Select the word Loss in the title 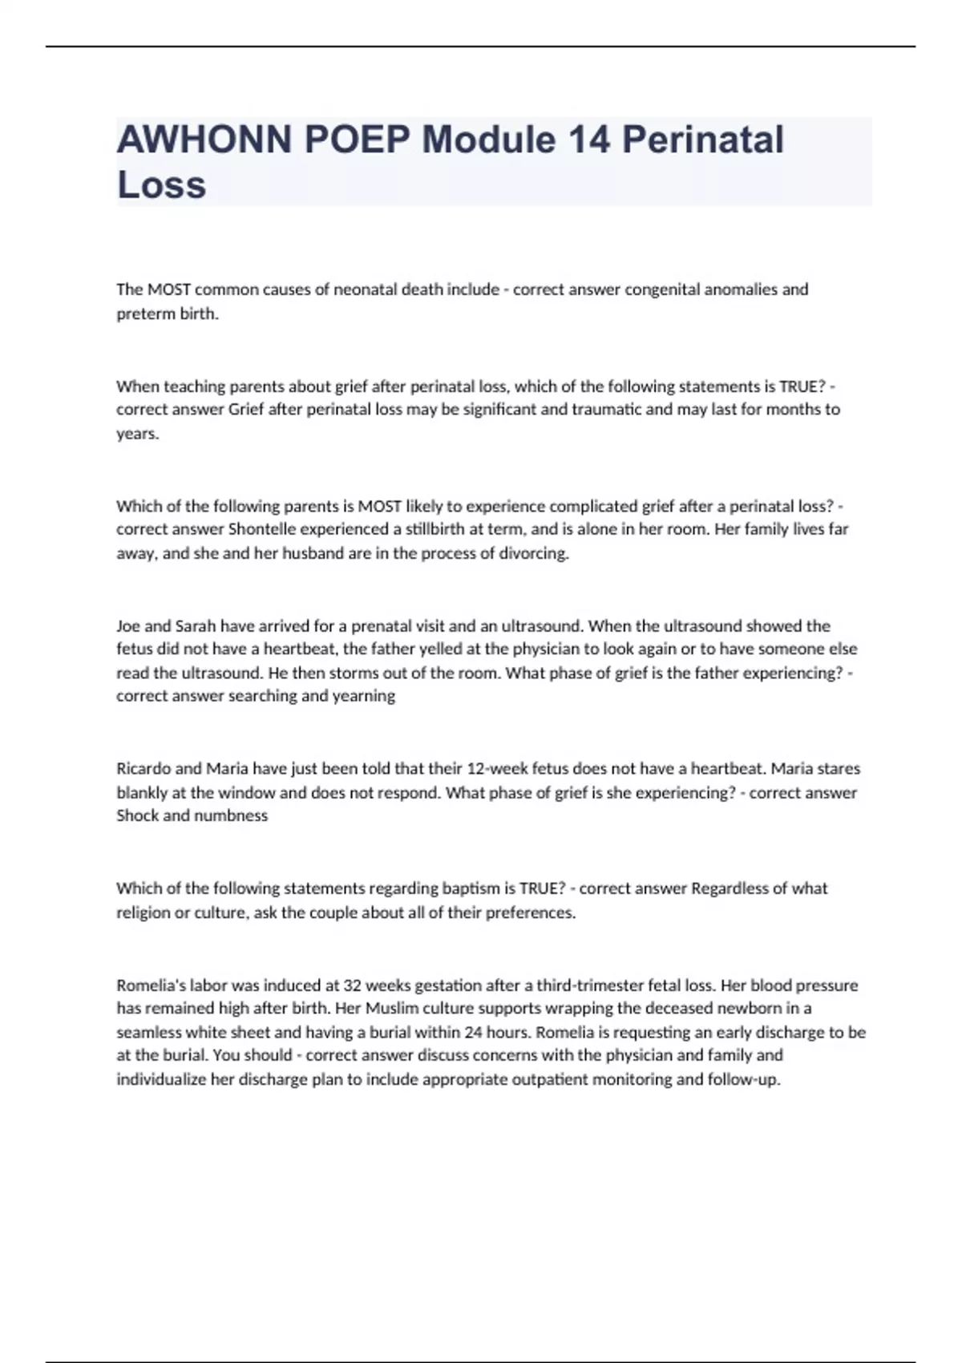point(162,184)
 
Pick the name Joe point(128,625)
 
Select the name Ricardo point(143,768)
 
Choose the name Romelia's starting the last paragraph point(150,985)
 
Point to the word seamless point(149,1032)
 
